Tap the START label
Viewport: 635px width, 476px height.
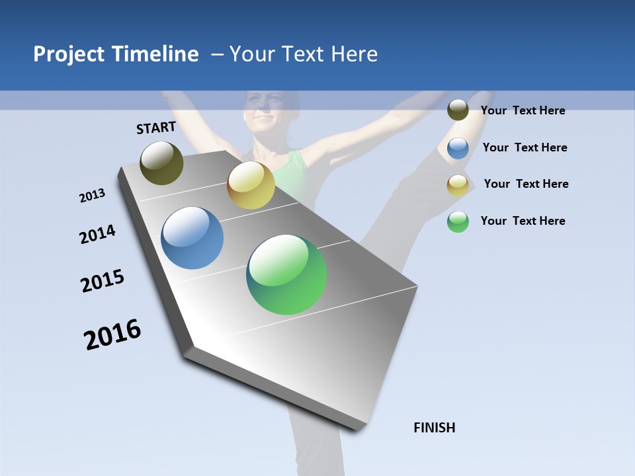coord(156,128)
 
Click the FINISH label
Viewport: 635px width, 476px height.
coord(434,428)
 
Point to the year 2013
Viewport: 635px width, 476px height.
coord(92,196)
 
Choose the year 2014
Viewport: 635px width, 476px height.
coord(97,235)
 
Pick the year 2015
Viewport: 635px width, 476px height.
coord(103,281)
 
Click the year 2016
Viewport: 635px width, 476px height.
coord(112,334)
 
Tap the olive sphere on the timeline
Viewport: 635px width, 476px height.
coord(161,163)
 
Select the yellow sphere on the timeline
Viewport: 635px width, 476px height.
coord(251,185)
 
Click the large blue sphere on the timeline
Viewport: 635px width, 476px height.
coord(192,238)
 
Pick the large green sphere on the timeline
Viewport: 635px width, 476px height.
coord(286,274)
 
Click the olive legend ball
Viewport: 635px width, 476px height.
coord(458,110)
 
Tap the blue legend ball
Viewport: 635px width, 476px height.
coord(458,148)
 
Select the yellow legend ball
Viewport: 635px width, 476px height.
coord(458,185)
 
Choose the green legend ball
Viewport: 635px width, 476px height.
coord(458,221)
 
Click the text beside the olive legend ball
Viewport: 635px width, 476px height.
coord(523,110)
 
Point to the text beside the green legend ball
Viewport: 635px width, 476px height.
coord(523,221)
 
